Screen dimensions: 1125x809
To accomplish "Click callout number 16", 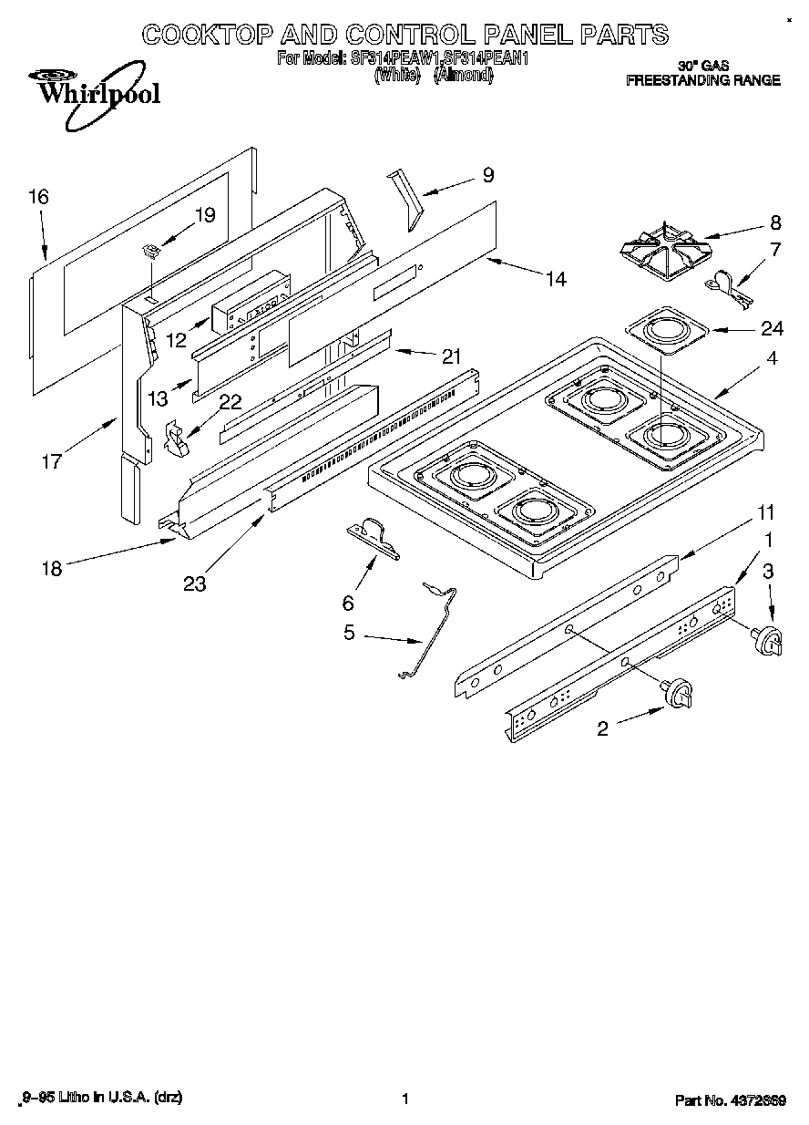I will pos(38,197).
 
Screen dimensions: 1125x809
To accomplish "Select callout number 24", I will pos(773,329).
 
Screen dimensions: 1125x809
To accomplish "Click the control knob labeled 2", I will pos(679,695).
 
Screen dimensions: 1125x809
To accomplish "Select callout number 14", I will pos(555,279).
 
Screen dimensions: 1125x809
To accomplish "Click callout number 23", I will pos(194,583).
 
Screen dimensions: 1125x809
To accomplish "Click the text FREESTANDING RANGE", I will pos(702,80).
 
